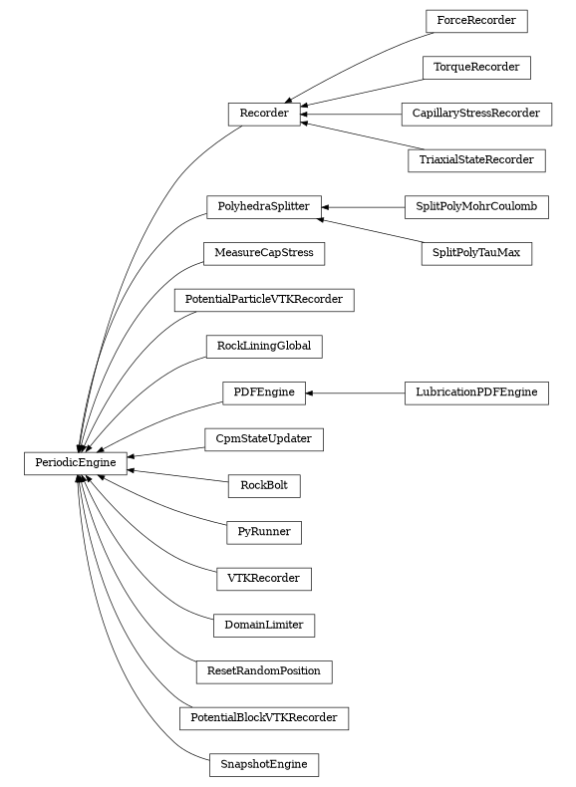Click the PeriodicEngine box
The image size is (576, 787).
[76, 462]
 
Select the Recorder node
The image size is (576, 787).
[264, 114]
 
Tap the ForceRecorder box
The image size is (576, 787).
[475, 20]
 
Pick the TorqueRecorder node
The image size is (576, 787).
[475, 68]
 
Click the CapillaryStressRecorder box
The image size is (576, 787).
[475, 114]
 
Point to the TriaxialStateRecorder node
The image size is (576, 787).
[475, 159]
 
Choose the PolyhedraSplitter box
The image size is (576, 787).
[264, 207]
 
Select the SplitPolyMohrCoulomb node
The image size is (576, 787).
[475, 207]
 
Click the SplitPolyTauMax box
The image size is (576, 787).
[475, 253]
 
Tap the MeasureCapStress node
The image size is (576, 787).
[264, 253]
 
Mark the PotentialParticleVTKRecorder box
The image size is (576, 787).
[264, 299]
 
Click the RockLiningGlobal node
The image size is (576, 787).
[264, 347]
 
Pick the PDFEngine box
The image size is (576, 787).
[264, 393]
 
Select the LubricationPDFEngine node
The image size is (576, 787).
[475, 393]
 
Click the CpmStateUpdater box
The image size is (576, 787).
[264, 438]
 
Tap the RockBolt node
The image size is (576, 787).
[264, 486]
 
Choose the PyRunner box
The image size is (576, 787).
[264, 532]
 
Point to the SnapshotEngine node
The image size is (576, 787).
[264, 765]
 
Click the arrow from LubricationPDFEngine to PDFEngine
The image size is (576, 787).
[354, 393]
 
